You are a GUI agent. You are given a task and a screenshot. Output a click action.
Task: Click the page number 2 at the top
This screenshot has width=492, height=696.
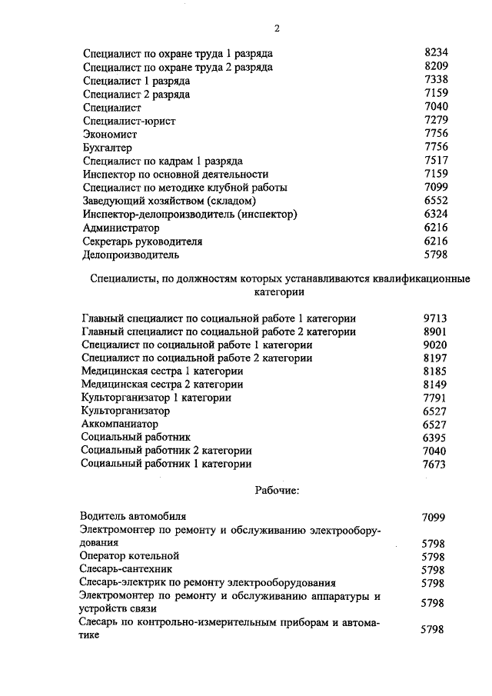pyautogui.click(x=277, y=29)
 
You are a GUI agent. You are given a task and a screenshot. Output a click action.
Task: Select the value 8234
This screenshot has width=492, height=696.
pyautogui.click(x=435, y=54)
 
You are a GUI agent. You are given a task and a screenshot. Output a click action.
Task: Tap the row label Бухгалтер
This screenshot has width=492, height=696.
pyautogui.click(x=107, y=148)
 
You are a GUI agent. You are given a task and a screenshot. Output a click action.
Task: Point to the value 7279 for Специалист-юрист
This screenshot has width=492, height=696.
pyautogui.click(x=435, y=121)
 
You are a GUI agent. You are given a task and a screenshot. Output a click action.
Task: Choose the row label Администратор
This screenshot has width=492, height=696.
pyautogui.click(x=121, y=228)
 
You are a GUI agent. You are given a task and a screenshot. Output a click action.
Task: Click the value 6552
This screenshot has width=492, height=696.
pyautogui.click(x=435, y=201)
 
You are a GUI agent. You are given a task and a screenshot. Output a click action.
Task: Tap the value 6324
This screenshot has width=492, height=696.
pyautogui.click(x=435, y=215)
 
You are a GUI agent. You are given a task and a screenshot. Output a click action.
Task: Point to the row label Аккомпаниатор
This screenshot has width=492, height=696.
pyautogui.click(x=119, y=424)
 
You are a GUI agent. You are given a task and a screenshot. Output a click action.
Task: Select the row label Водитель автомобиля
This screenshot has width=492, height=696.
pyautogui.click(x=133, y=516)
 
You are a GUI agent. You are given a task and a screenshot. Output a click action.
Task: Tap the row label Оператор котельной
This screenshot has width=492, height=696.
pyautogui.click(x=129, y=555)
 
